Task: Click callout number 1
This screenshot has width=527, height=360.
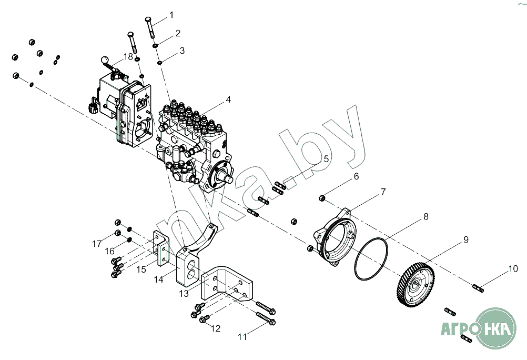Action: [171, 15]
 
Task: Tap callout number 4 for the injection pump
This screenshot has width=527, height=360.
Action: [228, 99]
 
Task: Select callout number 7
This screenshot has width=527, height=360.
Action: [383, 192]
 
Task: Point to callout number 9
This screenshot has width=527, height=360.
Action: [465, 239]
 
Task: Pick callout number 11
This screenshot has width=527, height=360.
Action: [242, 336]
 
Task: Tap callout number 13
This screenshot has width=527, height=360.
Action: [184, 293]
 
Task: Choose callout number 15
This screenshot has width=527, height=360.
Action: [141, 269]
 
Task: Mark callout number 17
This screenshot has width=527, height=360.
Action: [96, 244]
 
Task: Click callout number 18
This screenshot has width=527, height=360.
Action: [128, 56]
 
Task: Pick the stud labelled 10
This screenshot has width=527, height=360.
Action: [478, 287]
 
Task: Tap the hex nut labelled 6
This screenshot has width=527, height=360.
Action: [322, 198]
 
